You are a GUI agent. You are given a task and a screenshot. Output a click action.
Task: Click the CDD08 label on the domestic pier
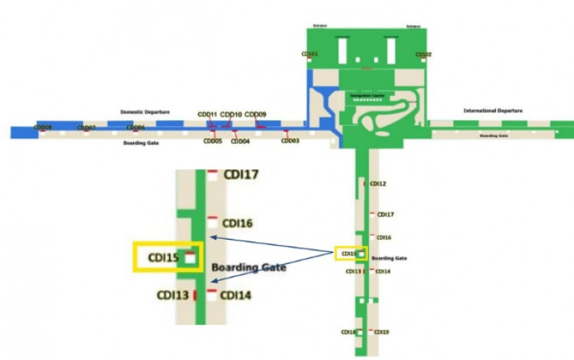(x=43, y=127)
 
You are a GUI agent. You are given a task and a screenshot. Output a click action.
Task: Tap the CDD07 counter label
(x=86, y=127)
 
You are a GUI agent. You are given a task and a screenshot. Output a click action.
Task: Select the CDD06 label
(x=135, y=127)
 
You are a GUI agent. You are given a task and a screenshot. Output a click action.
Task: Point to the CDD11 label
(x=207, y=115)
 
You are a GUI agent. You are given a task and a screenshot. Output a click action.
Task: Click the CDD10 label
(x=231, y=115)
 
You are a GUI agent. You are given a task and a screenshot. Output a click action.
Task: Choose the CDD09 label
(x=256, y=115)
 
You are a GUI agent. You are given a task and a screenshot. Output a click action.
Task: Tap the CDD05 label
(x=213, y=141)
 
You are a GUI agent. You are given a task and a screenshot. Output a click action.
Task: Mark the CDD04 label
(x=240, y=141)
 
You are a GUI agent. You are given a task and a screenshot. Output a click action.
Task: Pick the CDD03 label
(x=290, y=141)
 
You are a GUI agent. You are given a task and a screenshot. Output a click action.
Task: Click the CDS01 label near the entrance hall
(x=309, y=54)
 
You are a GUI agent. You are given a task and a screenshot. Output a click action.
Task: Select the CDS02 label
(x=423, y=54)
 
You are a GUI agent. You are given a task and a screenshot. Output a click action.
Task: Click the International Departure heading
(x=493, y=111)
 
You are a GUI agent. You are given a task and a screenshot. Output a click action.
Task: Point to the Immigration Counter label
(x=367, y=95)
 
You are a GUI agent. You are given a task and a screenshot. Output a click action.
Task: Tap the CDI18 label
(x=348, y=332)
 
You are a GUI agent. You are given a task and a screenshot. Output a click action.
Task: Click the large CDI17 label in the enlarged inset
(x=241, y=175)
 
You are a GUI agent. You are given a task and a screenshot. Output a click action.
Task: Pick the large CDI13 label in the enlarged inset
(x=173, y=295)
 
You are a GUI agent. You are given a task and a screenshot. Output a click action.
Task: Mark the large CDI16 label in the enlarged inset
(x=237, y=224)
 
